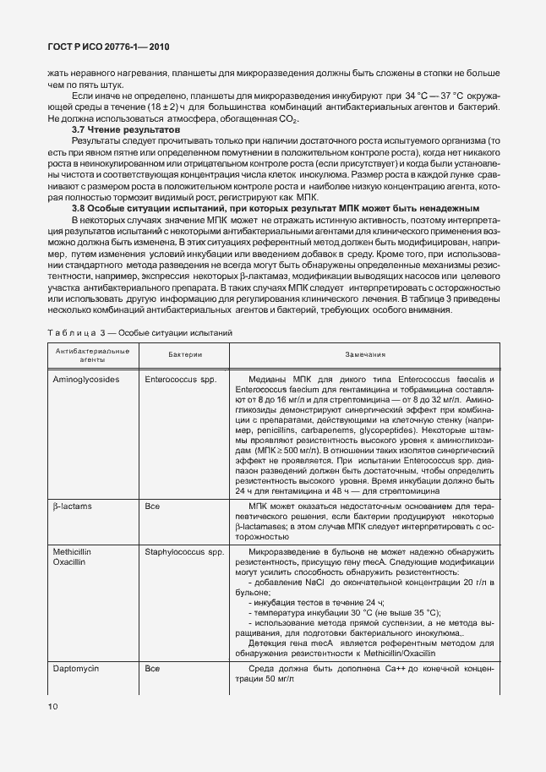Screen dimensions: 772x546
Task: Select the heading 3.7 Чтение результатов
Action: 112,129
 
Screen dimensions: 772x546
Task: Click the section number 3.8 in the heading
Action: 79,207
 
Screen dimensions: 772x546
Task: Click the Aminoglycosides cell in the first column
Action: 85,380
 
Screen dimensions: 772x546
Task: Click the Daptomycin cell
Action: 77,668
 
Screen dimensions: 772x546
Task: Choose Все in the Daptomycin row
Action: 152,668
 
